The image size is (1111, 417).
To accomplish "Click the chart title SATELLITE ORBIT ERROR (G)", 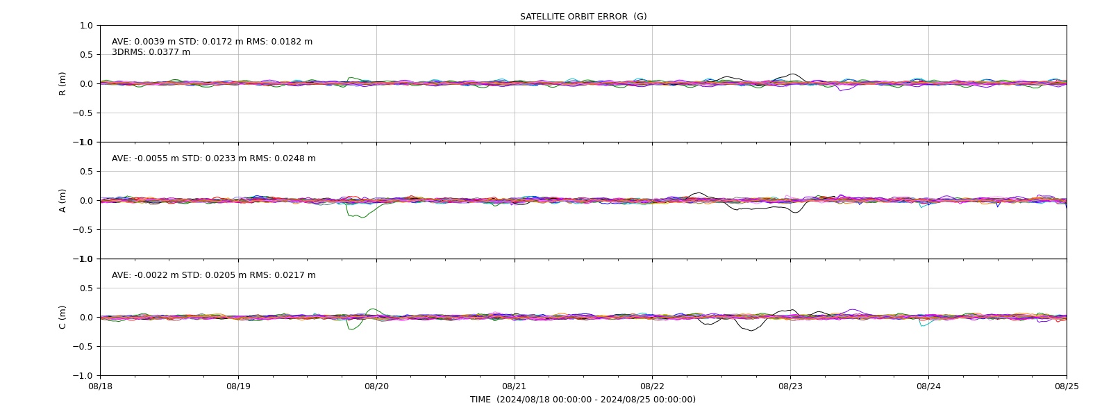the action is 583,17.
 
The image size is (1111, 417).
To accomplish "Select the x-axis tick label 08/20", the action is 376,386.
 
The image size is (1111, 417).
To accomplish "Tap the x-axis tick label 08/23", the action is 791,386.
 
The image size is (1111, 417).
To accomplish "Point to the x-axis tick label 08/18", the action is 100,386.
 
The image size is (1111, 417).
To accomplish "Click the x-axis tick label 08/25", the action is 1067,386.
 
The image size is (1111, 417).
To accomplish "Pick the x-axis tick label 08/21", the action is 515,386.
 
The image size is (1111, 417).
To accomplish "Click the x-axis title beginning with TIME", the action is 583,400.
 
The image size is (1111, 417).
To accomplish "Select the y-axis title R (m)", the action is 62,84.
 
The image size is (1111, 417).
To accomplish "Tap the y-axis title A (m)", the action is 62,201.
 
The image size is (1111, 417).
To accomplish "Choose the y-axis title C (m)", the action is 62,317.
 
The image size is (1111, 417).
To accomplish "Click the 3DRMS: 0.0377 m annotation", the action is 151,52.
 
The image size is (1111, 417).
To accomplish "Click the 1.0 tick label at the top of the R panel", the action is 86,26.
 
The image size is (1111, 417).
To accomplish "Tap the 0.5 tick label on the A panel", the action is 86,171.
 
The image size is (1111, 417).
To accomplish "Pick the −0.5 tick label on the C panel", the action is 83,347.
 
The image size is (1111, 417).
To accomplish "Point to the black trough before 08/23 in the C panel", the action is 751,330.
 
